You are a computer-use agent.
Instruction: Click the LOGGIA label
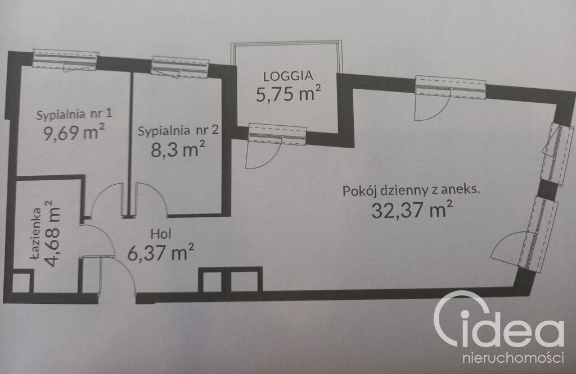(x=289, y=76)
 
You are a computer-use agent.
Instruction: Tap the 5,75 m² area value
(x=289, y=93)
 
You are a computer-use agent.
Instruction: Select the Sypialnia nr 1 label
(x=74, y=114)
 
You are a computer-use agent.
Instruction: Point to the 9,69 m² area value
(x=74, y=132)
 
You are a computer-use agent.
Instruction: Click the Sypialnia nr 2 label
(x=178, y=130)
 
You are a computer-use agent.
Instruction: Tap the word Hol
(x=161, y=234)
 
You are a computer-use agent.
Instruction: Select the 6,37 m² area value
(x=161, y=252)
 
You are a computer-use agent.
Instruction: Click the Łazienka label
(x=36, y=234)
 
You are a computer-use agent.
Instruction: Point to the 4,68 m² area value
(x=51, y=233)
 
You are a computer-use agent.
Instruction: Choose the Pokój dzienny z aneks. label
(x=411, y=191)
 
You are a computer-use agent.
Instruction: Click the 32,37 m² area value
(x=411, y=209)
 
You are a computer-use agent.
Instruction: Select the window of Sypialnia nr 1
(x=65, y=60)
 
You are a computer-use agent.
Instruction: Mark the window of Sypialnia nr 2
(x=180, y=67)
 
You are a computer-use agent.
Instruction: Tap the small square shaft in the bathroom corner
(x=21, y=282)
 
